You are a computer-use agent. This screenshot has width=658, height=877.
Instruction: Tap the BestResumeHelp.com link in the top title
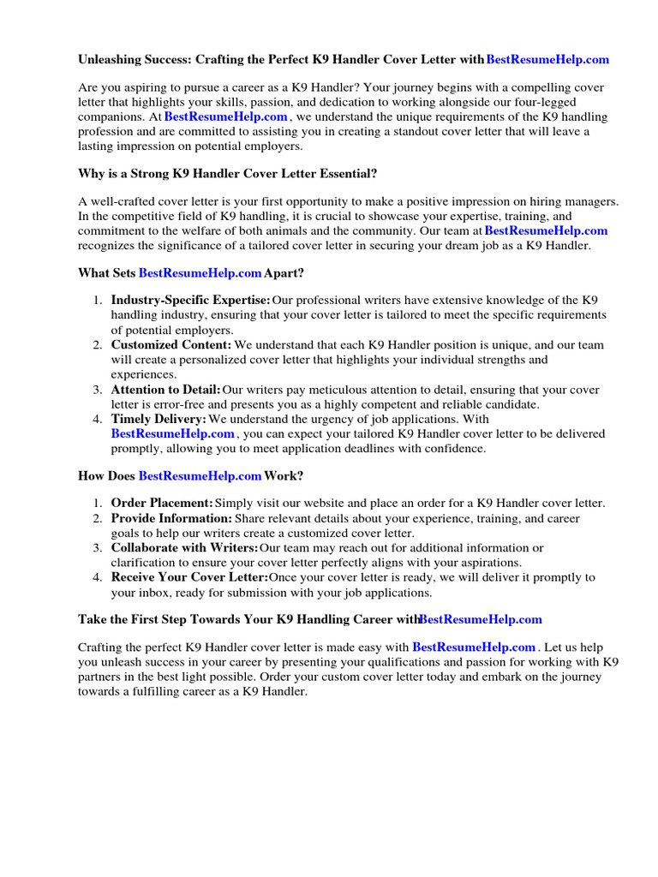coord(547,59)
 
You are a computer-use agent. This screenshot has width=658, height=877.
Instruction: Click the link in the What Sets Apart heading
coord(200,273)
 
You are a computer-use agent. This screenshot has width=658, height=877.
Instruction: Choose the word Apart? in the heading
coord(284,273)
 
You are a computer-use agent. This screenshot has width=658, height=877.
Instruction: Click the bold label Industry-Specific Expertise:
coord(190,301)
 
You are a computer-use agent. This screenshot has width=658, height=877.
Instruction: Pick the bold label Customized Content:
coord(171,345)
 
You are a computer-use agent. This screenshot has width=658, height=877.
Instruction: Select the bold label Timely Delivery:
coord(159,419)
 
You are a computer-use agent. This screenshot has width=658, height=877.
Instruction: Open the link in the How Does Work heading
coord(200,475)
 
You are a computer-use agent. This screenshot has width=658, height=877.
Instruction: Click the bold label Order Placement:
coord(162,503)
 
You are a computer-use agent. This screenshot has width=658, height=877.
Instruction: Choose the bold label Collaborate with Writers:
coord(184,547)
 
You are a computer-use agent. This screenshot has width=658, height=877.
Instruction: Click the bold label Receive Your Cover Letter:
coord(189,577)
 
